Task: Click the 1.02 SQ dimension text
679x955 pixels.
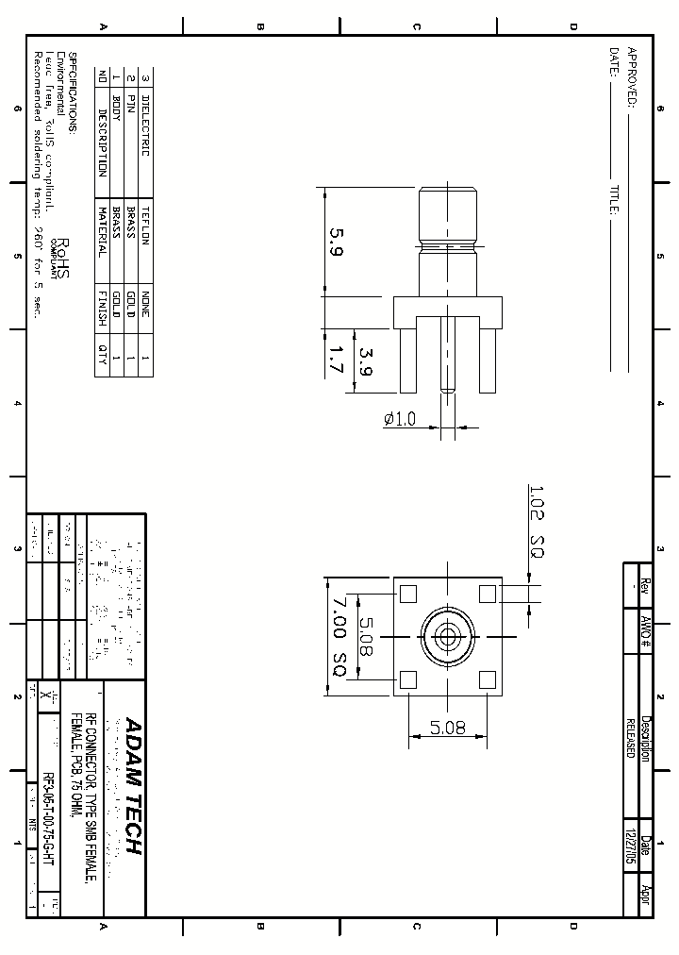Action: click(535, 521)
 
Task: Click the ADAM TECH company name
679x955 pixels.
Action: click(132, 786)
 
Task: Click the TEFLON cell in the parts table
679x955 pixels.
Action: click(145, 224)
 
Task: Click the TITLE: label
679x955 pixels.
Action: click(614, 201)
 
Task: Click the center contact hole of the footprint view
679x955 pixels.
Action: click(448, 637)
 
